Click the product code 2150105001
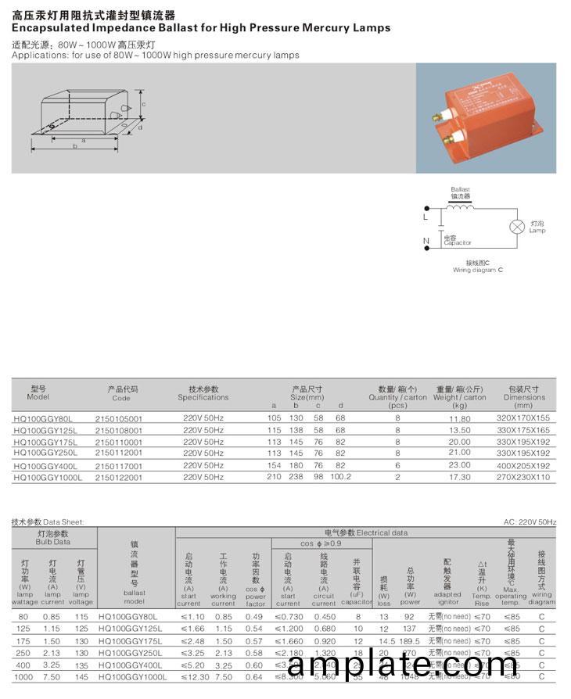pos(118,418)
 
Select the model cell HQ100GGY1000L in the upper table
pos(48,476)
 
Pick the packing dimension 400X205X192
pos(524,464)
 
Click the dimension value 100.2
pos(340,476)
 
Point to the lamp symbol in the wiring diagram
pos(516,227)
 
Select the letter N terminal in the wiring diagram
pos(426,240)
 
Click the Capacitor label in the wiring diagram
pos(457,243)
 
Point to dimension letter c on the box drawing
pos(143,104)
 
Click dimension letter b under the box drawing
pos(75,146)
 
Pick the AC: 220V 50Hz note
pos(530,522)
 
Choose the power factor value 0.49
pos(253,616)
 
